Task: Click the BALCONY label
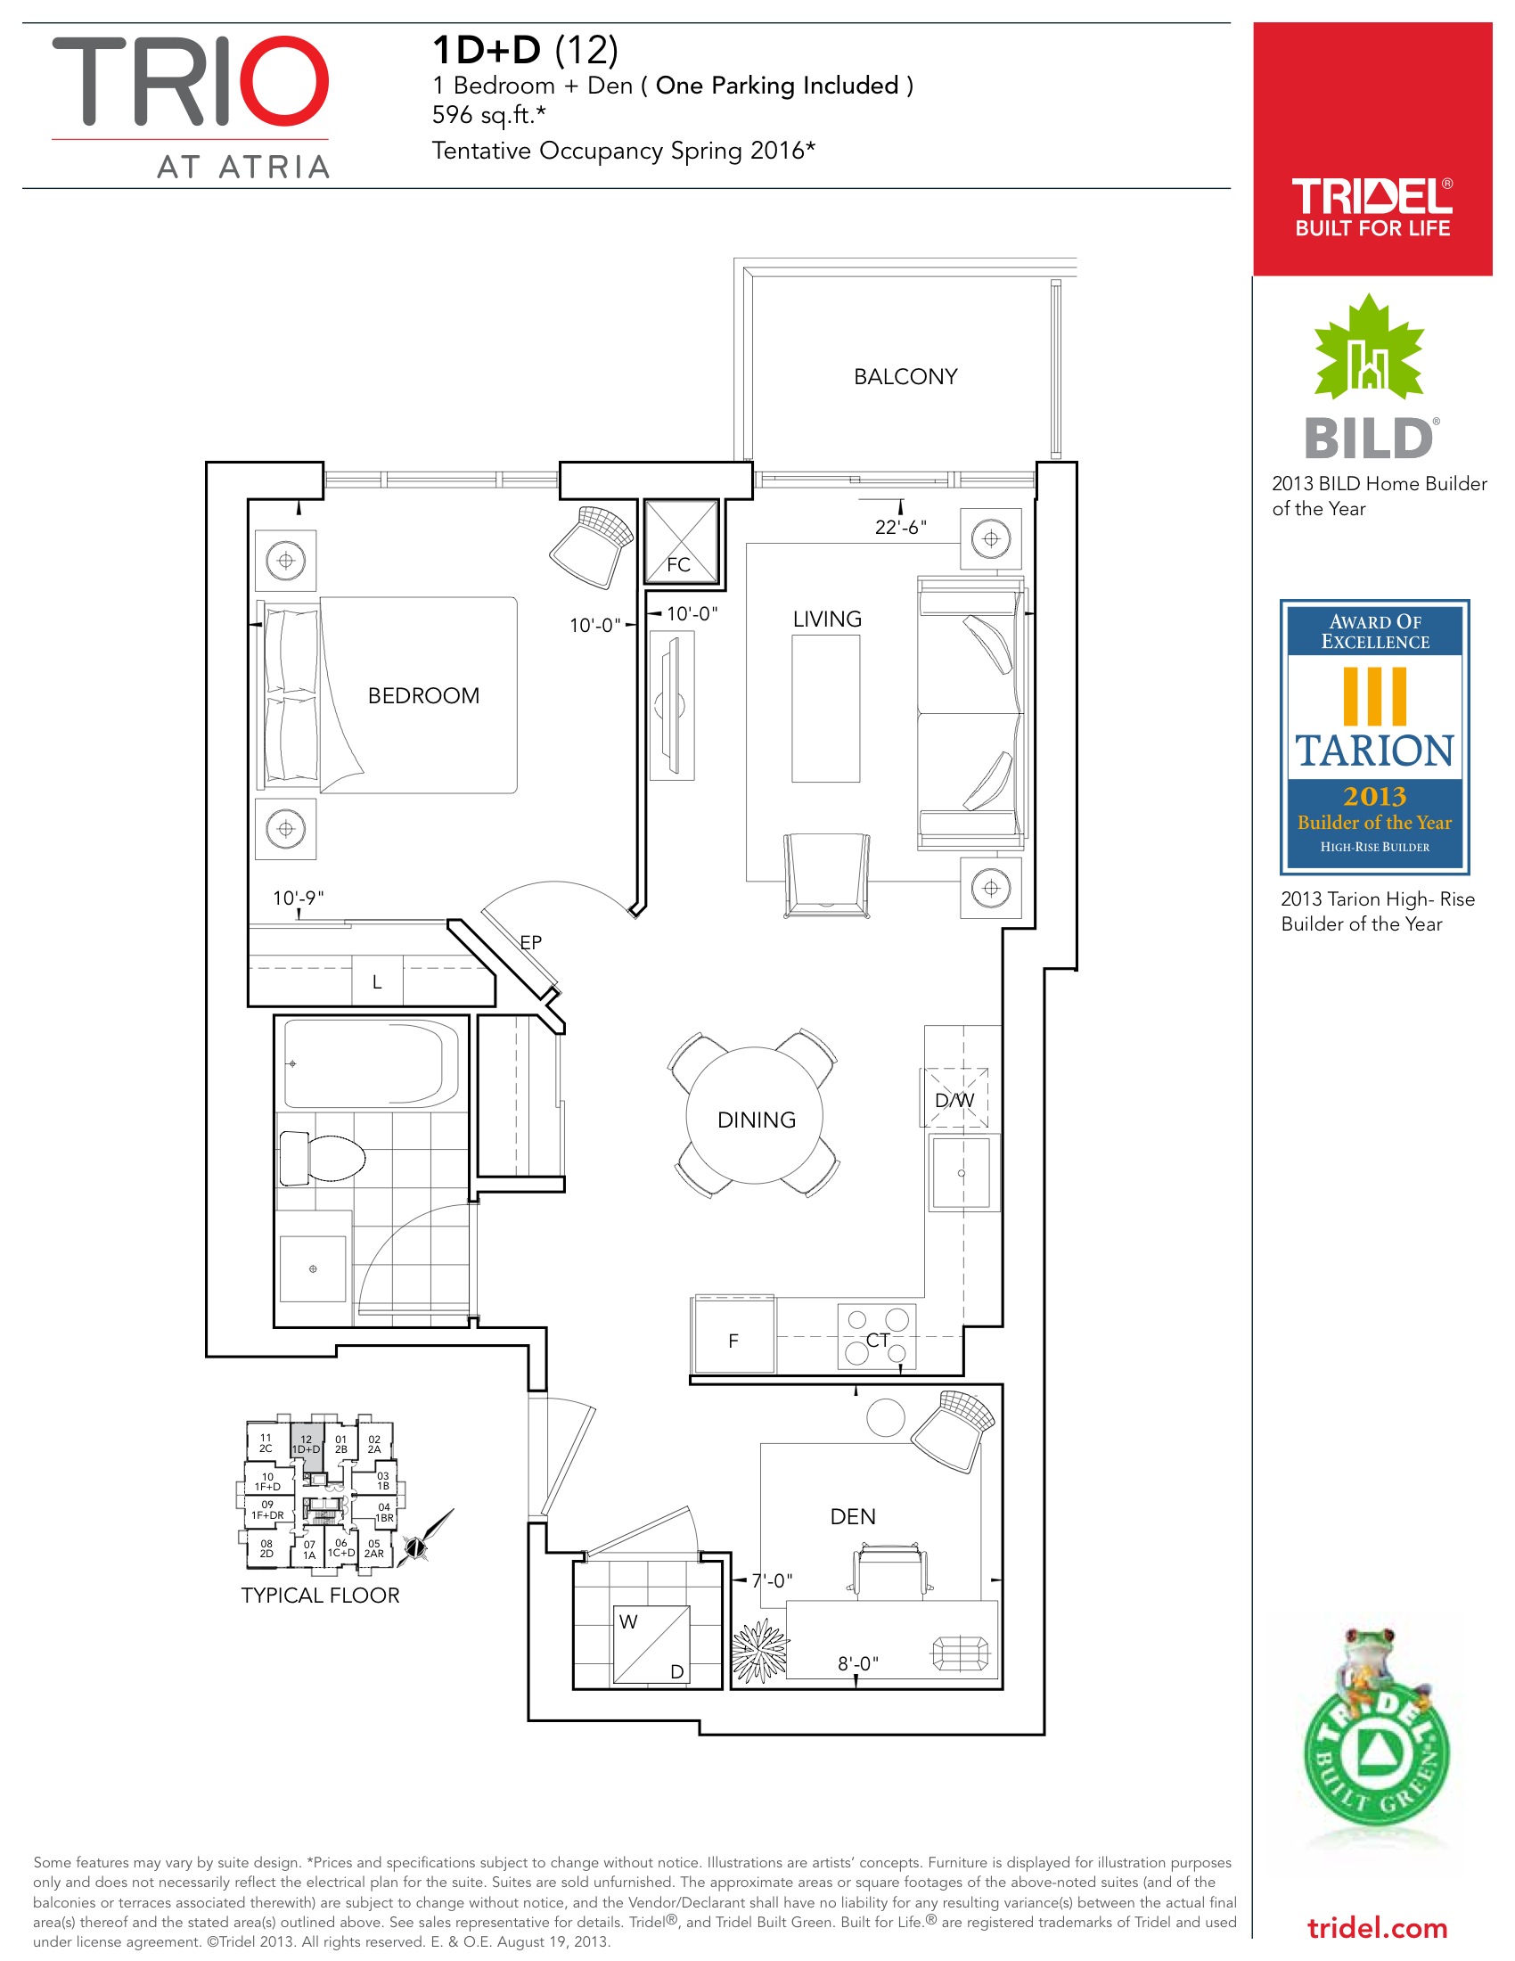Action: (905, 376)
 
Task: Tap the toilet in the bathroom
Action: (322, 1157)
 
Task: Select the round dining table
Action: (755, 1116)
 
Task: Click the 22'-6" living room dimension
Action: (900, 527)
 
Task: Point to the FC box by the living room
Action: (681, 541)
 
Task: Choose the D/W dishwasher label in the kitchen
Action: (954, 1100)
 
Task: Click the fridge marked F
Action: (733, 1335)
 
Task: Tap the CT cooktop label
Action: (878, 1340)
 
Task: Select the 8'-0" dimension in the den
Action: (858, 1663)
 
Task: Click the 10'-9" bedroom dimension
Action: (298, 898)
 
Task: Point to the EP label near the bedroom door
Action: (530, 942)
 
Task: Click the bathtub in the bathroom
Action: (372, 1064)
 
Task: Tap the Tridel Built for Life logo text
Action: (1372, 208)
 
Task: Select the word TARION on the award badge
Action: (1374, 751)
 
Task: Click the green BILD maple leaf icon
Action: (1369, 349)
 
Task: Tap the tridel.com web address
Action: (1378, 1928)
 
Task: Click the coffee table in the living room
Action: (825, 709)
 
